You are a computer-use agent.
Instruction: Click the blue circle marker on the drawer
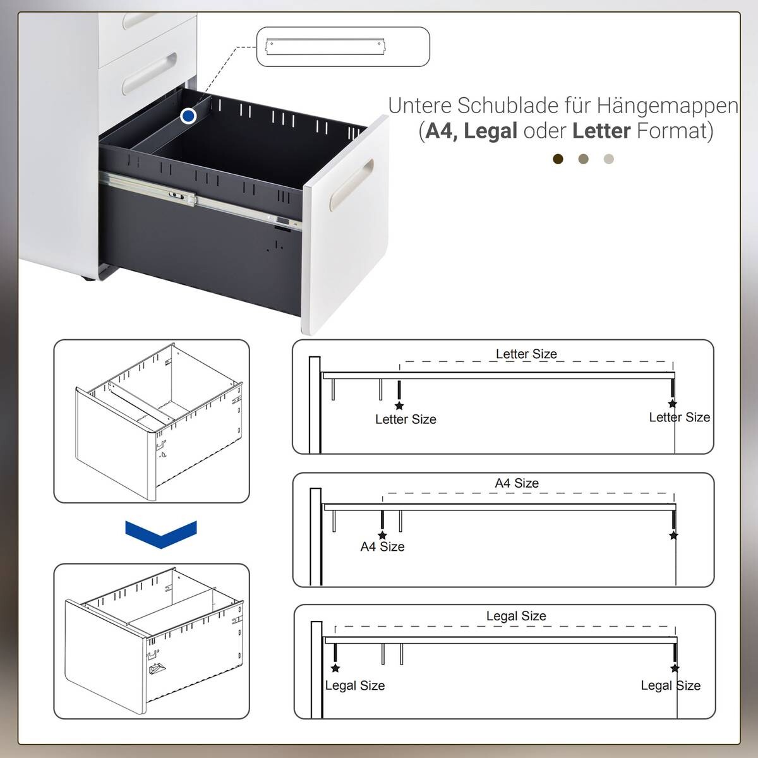[188, 116]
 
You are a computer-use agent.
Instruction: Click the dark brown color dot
[558, 159]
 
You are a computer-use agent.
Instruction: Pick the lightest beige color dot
[608, 159]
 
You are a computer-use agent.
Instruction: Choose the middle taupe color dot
[583, 159]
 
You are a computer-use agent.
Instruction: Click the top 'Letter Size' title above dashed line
[526, 354]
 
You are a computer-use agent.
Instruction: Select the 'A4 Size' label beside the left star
[382, 547]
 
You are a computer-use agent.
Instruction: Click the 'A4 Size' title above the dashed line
[517, 483]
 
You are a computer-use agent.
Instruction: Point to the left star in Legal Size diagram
[335, 668]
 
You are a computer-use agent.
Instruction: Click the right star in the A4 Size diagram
[673, 536]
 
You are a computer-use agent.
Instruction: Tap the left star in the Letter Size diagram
[399, 406]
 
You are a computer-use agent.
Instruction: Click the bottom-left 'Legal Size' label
[354, 685]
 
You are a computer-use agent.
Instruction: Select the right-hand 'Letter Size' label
[680, 417]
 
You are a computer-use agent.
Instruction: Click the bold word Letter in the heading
[601, 131]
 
